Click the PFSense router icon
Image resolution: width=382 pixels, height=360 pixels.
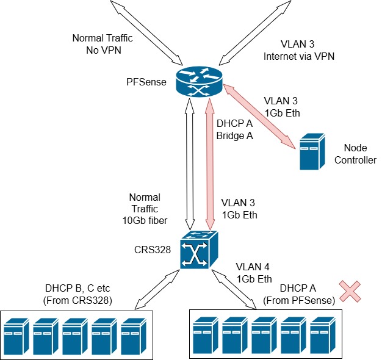(x=199, y=82)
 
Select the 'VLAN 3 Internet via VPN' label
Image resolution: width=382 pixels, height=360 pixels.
(x=299, y=51)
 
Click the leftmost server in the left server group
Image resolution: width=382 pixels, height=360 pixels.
(x=16, y=336)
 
